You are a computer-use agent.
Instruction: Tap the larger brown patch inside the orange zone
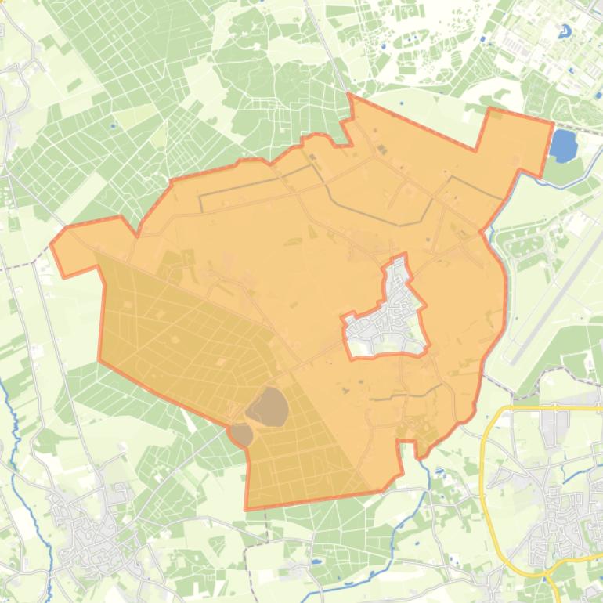[x=267, y=406]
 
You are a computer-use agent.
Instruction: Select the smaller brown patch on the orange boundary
[x=241, y=435]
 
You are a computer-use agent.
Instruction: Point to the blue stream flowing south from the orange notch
[x=428, y=478]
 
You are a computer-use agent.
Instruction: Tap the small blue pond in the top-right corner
[x=564, y=31]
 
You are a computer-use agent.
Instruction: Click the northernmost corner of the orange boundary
[x=350, y=95]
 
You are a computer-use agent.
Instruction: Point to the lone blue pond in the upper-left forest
[x=114, y=125]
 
